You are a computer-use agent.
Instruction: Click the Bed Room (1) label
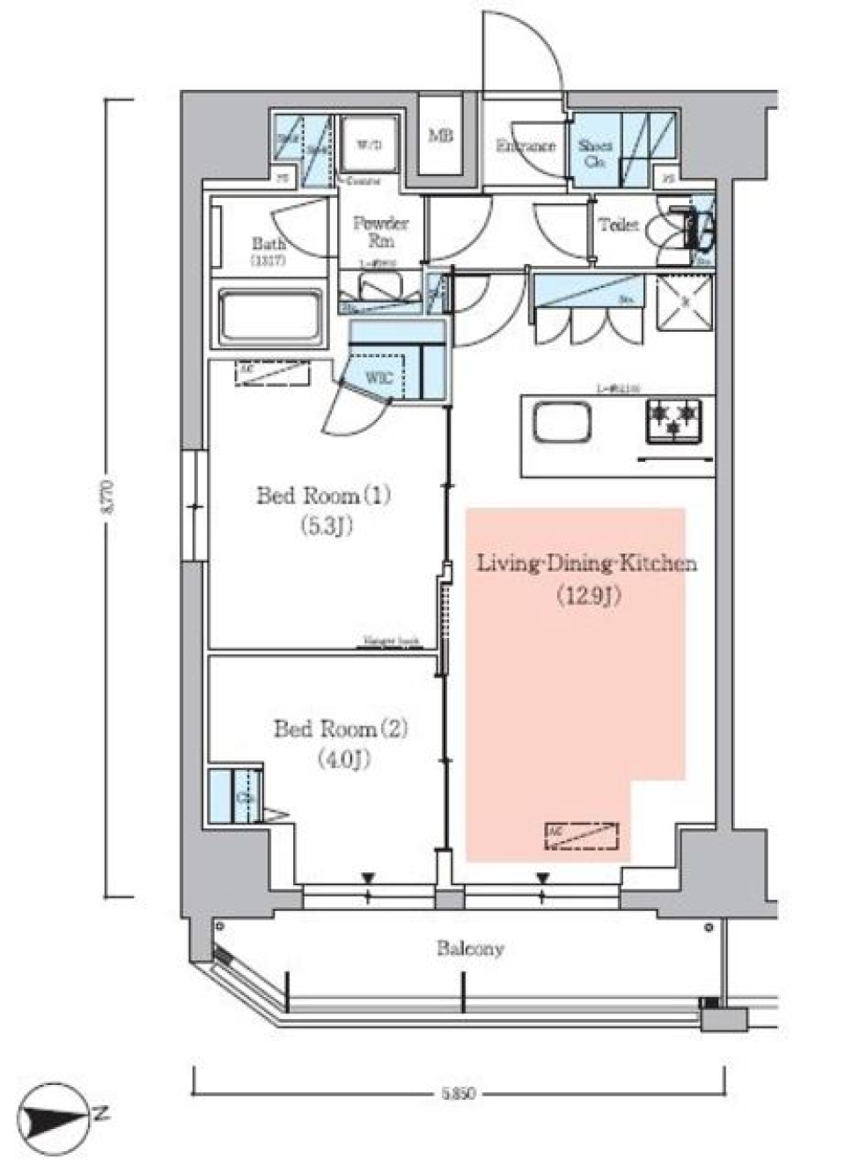point(323,495)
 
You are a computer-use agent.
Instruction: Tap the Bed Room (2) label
point(340,729)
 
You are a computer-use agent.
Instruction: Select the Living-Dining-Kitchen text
point(587,563)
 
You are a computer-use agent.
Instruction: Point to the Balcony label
point(470,949)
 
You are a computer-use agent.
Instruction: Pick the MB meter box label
point(440,136)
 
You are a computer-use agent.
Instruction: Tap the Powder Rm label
point(380,231)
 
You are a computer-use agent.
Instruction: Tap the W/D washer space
point(369,145)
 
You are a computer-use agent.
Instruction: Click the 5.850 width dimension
point(458,1094)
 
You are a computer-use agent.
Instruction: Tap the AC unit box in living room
point(581,835)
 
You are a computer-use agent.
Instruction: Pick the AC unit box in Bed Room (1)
point(272,373)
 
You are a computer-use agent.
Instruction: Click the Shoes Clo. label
point(596,152)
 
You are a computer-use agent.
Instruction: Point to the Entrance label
point(525,146)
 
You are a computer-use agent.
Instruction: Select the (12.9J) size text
point(588,596)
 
